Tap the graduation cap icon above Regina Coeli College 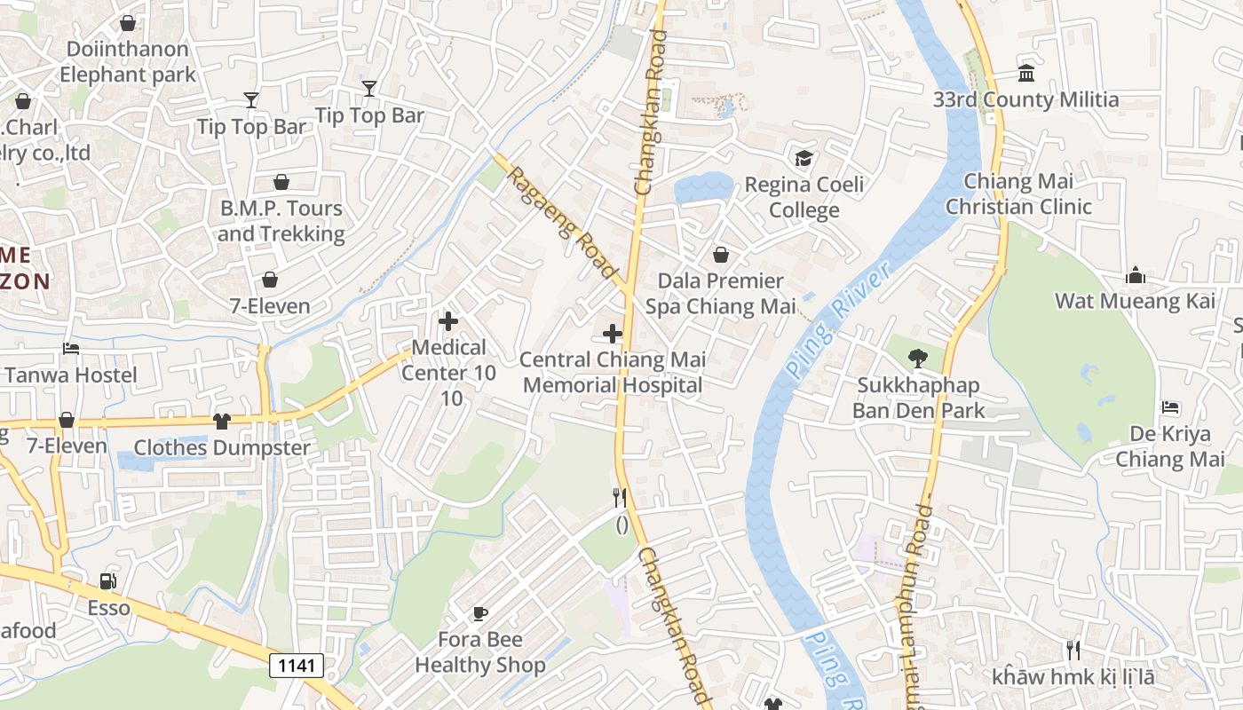click(x=804, y=159)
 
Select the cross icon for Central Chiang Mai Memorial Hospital click(x=613, y=335)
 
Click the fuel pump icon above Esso click(x=107, y=582)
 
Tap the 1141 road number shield click(x=297, y=665)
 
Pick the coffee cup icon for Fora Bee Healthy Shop click(x=479, y=613)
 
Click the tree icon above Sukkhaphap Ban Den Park click(x=918, y=359)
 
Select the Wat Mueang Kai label click(x=1135, y=301)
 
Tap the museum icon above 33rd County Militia click(x=1026, y=73)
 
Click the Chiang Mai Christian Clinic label click(x=1018, y=193)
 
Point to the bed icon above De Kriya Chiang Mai click(x=1170, y=408)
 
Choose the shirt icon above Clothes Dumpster click(x=222, y=422)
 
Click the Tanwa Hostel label click(x=71, y=375)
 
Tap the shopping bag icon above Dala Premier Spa click(x=721, y=256)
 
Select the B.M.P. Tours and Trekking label click(x=281, y=221)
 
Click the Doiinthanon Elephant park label click(x=127, y=61)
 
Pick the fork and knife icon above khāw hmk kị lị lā click(x=1073, y=651)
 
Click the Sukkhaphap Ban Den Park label click(x=918, y=398)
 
